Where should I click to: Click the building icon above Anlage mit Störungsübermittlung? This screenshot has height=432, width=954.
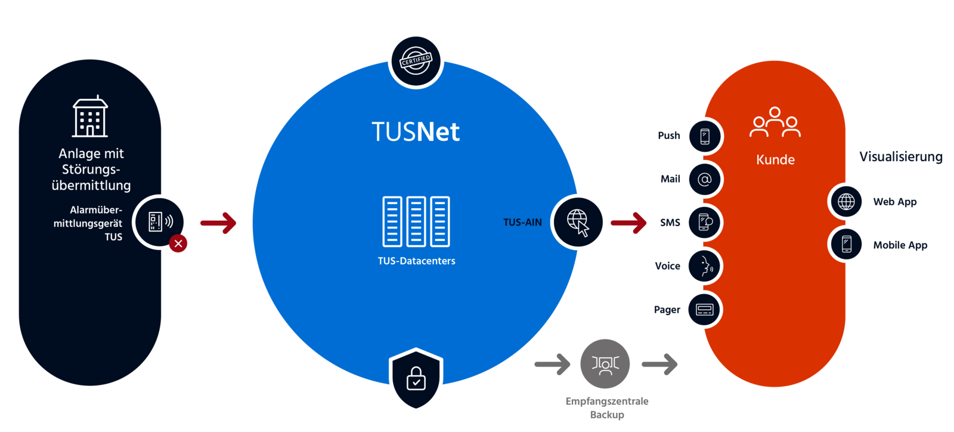[x=91, y=117]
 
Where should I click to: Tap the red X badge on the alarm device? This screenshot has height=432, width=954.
[x=178, y=243]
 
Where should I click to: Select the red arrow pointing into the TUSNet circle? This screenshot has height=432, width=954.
[x=218, y=223]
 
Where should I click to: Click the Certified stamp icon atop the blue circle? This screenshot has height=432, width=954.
[x=416, y=61]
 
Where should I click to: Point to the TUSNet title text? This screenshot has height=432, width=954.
[x=416, y=132]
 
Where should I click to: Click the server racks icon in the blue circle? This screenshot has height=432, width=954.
[x=416, y=221]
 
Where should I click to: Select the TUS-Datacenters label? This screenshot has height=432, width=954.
[x=416, y=261]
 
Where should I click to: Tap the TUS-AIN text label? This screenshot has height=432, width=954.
[x=522, y=223]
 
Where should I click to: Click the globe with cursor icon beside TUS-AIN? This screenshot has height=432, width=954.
[x=578, y=222]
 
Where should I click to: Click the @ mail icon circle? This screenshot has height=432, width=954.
[x=704, y=180]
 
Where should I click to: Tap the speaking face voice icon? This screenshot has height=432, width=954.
[x=704, y=266]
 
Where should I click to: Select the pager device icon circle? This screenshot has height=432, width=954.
[x=704, y=310]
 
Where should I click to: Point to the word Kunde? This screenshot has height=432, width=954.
[x=775, y=160]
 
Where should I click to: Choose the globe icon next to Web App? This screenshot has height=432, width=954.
[x=846, y=202]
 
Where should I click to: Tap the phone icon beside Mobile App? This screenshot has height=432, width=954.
[x=846, y=244]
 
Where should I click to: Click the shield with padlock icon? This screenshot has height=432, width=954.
[x=416, y=379]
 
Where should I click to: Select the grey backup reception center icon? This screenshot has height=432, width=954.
[x=605, y=364]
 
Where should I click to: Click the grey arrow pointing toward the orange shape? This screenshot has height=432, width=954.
[x=660, y=364]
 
